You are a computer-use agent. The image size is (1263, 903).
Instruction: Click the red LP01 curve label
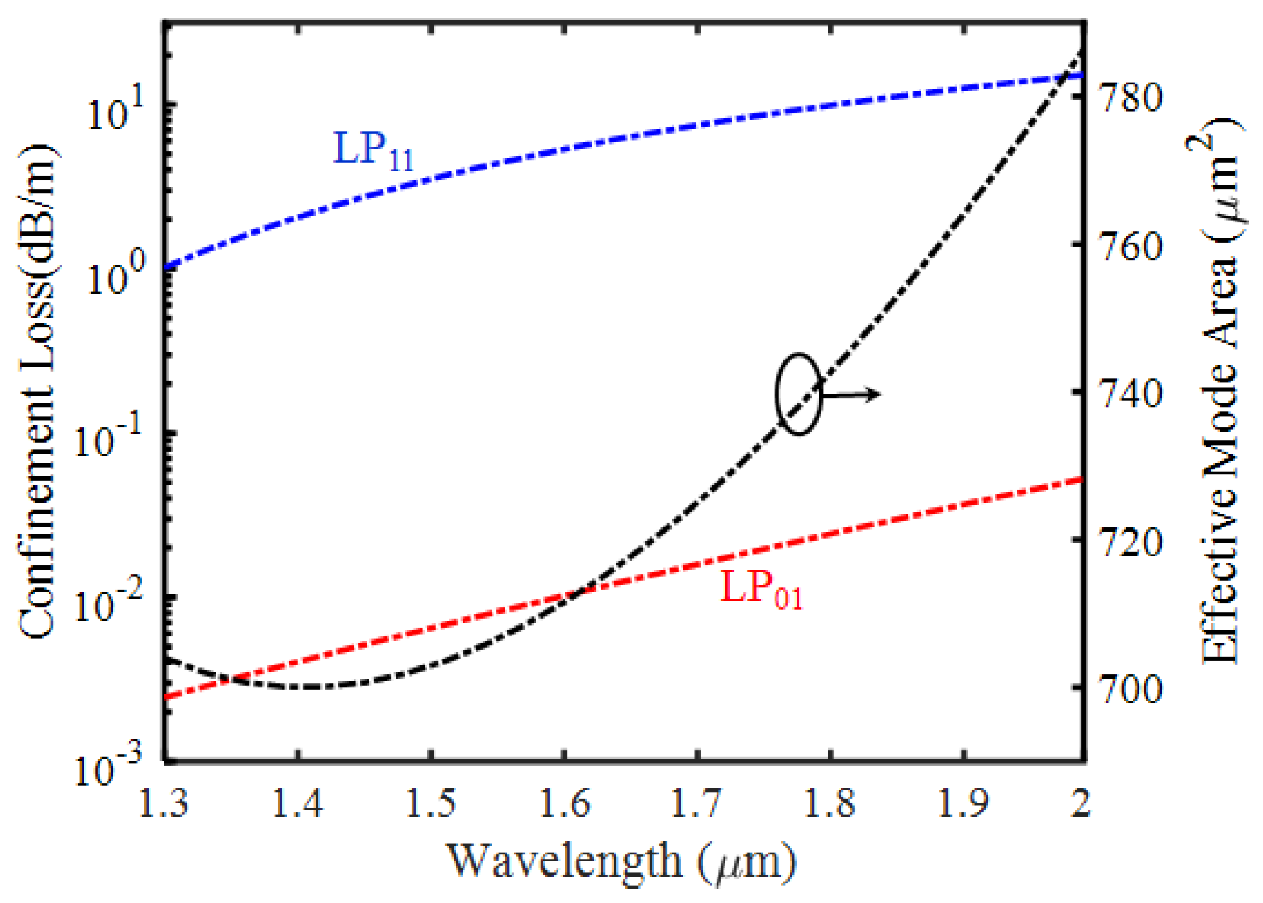click(x=761, y=590)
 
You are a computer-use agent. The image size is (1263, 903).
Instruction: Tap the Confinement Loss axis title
click(x=38, y=391)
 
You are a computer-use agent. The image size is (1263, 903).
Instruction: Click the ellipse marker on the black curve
click(x=799, y=394)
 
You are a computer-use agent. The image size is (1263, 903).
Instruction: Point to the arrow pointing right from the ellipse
click(x=851, y=395)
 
